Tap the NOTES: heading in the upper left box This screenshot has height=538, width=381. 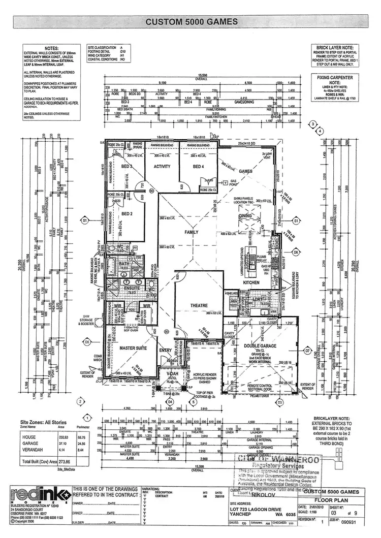pyautogui.click(x=52, y=48)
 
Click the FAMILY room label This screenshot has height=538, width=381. pyautogui.click(x=192, y=232)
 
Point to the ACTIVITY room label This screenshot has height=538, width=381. pyautogui.click(x=162, y=166)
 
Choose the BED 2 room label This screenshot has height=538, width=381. pyautogui.click(x=126, y=214)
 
